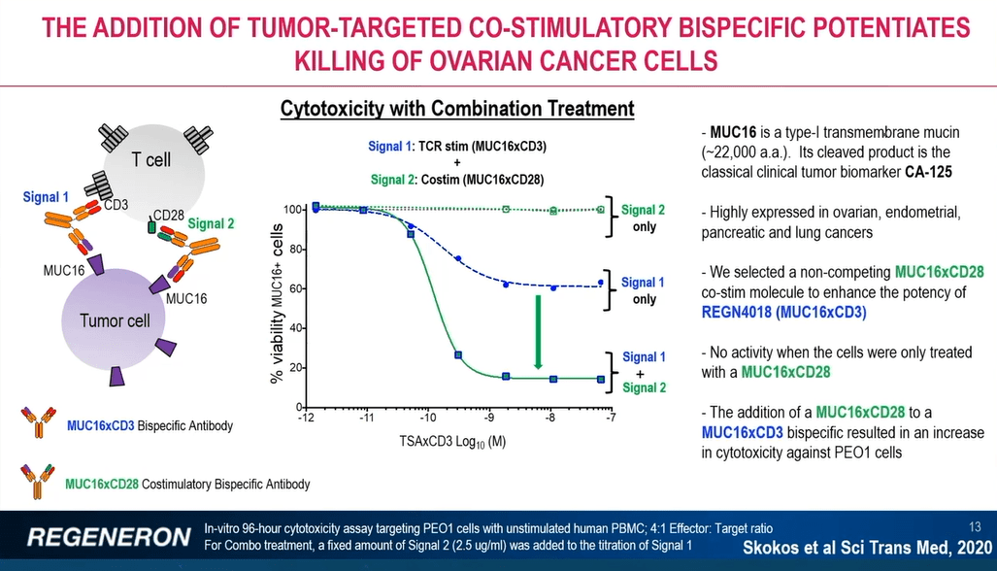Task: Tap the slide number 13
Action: (x=976, y=526)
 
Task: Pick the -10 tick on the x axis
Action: (x=428, y=419)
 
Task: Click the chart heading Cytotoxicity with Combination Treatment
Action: (x=456, y=109)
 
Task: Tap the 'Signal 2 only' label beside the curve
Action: (x=644, y=218)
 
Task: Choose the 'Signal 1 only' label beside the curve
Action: (x=644, y=290)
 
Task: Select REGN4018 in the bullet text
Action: (x=743, y=313)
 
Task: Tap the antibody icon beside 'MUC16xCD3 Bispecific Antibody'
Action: (x=38, y=423)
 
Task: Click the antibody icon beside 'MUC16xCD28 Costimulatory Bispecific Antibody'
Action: (x=38, y=482)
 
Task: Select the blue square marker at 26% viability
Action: (x=458, y=355)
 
